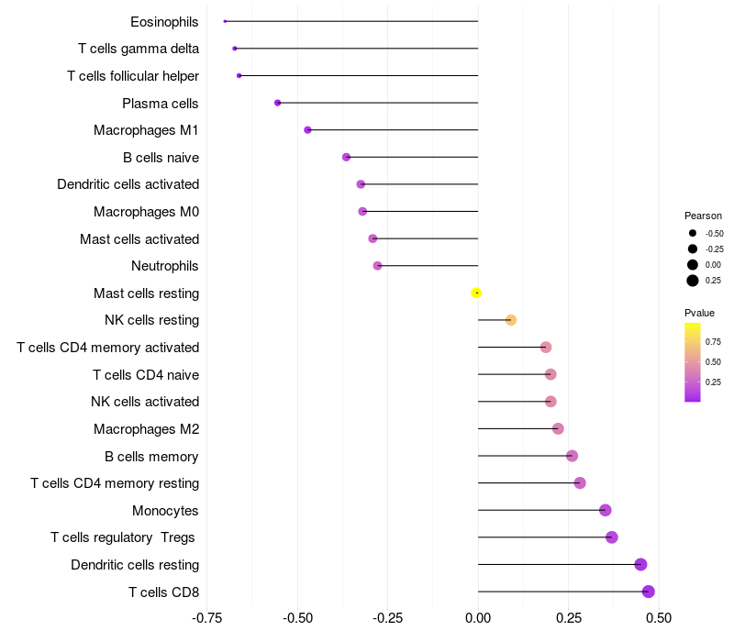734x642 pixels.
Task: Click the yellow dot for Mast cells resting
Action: tap(476, 293)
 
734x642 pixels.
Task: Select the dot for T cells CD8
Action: tap(648, 592)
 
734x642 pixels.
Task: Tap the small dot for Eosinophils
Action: tap(225, 21)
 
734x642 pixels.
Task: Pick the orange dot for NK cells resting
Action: tap(511, 320)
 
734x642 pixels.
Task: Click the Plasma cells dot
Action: tap(278, 103)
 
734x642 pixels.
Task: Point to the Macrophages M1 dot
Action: tap(307, 130)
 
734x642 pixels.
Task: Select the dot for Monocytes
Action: tap(605, 510)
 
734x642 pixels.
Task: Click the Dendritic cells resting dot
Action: tap(640, 564)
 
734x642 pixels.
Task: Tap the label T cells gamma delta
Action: tap(139, 49)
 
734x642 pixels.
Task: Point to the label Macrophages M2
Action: tap(146, 428)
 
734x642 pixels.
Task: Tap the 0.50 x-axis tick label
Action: tap(658, 619)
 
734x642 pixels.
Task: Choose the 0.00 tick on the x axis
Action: tap(478, 619)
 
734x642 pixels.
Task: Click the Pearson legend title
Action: tap(703, 216)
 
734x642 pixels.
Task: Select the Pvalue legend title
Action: tap(700, 313)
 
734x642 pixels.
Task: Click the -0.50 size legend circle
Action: tap(693, 233)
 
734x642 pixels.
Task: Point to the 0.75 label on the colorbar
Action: tap(713, 339)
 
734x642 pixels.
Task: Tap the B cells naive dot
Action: tap(346, 157)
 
